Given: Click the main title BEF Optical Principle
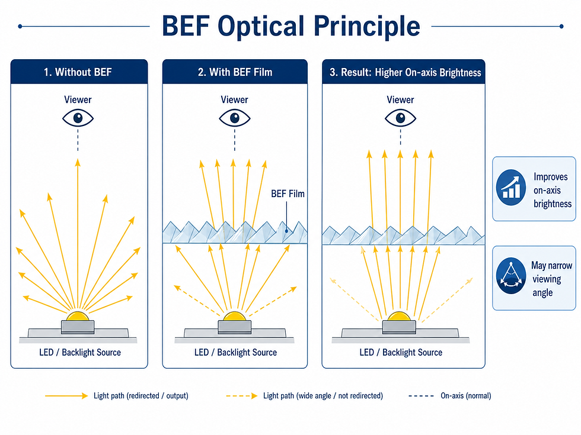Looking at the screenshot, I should [x=290, y=27].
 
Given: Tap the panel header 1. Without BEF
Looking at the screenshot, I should [x=78, y=72].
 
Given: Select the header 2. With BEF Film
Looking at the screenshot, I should [x=235, y=72].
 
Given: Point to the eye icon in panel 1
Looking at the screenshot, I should [x=78, y=118].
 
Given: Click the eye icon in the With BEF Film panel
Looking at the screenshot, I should [x=235, y=118].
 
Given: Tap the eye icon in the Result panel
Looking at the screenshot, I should [x=401, y=118].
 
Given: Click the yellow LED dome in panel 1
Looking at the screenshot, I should [x=78, y=316].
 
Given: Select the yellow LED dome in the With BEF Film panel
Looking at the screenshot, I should [x=235, y=317].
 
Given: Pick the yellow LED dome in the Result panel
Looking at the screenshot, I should [x=401, y=317].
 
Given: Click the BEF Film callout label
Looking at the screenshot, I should [x=288, y=194].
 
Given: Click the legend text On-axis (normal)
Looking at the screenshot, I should [x=465, y=395].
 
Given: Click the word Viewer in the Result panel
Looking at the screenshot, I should [x=401, y=99].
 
